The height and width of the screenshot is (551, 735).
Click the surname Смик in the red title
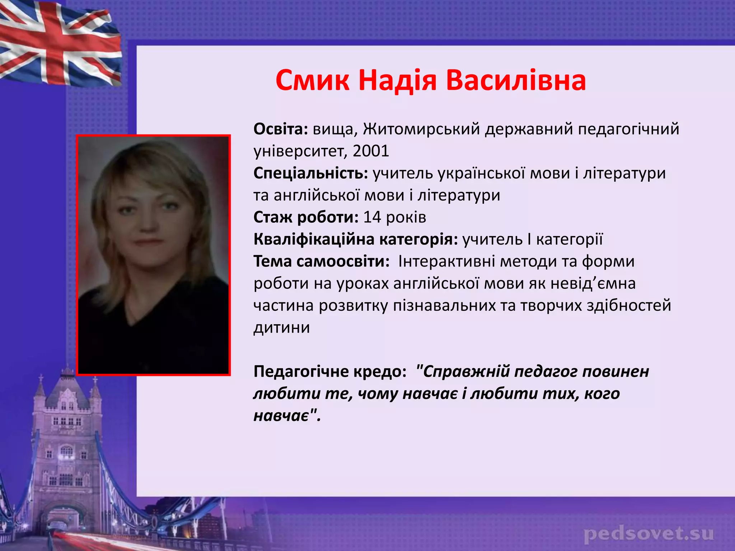coord(312,80)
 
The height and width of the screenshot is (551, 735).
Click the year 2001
coord(371,151)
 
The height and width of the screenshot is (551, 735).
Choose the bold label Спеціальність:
coord(311,174)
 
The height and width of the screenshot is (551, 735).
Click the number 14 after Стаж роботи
coord(372,217)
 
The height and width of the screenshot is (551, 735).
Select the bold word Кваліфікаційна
coord(314,239)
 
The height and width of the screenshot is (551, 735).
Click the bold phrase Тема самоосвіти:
coord(322,262)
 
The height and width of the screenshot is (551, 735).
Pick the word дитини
coord(282,328)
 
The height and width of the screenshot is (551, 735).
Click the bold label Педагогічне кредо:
coord(330,372)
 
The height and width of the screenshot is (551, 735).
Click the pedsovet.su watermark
coord(649,534)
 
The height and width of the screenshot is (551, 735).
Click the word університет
coord(300,151)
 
